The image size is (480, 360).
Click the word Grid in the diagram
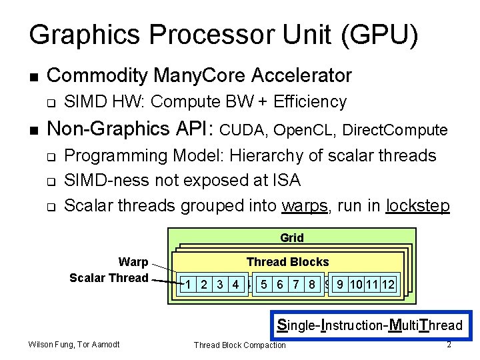coord(291,238)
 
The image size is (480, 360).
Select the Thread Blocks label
coord(287,262)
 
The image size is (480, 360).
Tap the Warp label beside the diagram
coord(133,262)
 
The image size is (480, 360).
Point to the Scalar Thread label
coord(109,277)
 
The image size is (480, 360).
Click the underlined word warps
coord(305,205)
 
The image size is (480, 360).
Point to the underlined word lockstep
coord(417,205)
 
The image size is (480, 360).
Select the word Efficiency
coord(311,101)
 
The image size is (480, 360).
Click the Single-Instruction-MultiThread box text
coord(369,325)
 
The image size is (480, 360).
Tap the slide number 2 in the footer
coord(449,344)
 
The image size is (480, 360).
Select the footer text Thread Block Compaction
coord(239,345)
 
